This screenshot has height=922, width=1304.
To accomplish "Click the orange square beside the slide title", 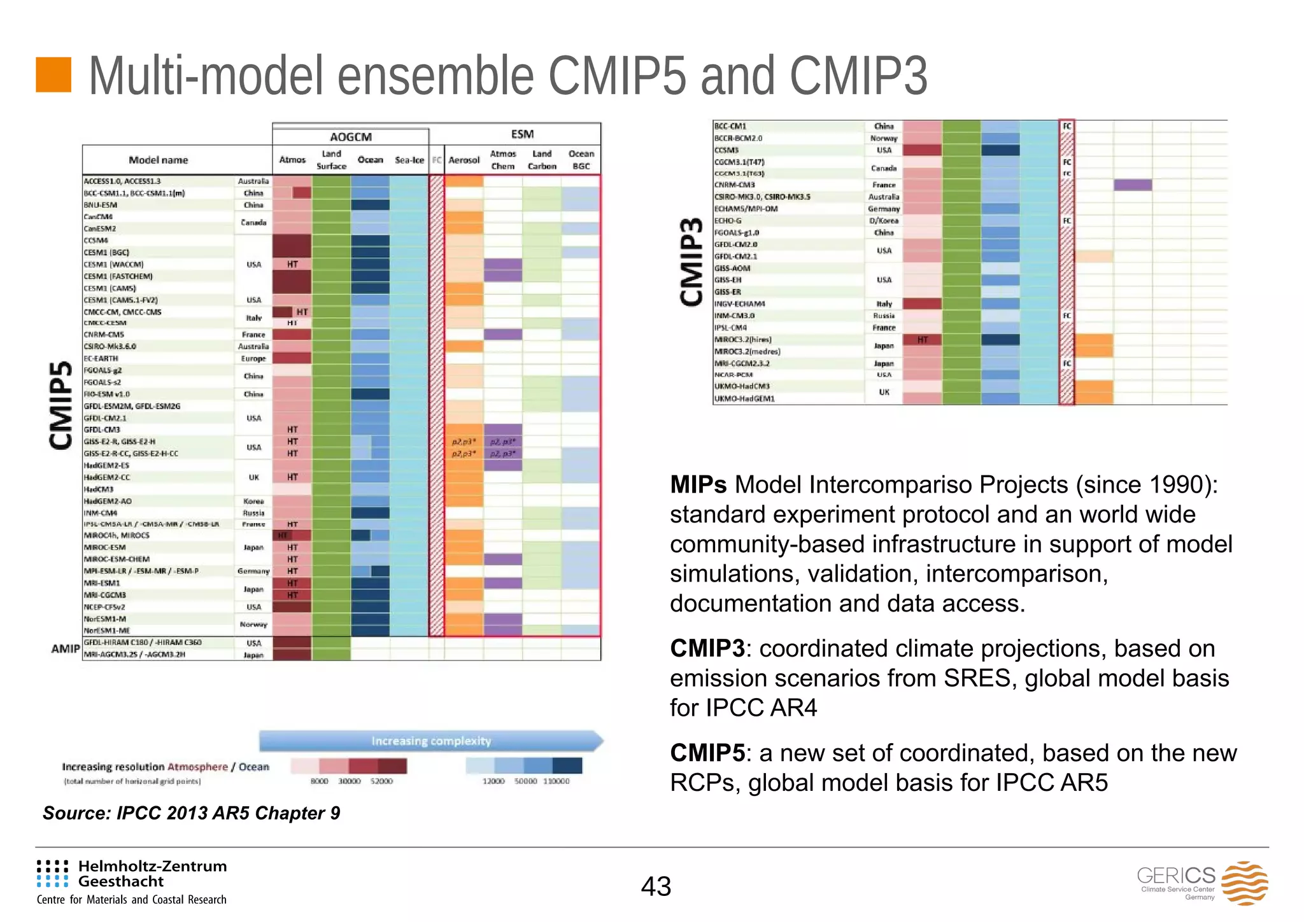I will click(x=53, y=75).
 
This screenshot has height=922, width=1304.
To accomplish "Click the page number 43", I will click(x=656, y=886).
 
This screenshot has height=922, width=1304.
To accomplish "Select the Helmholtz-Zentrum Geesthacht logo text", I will click(x=152, y=874).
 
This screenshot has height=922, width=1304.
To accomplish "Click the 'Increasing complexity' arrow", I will click(x=431, y=741).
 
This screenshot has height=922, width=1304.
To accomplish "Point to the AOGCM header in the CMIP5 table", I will click(x=350, y=137).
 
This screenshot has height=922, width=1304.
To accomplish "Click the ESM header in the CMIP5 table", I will click(x=522, y=134).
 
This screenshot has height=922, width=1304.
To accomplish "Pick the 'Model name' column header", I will click(x=159, y=160).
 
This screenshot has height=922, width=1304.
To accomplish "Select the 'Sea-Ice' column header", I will click(x=409, y=160).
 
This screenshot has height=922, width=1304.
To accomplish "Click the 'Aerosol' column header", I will click(x=464, y=160).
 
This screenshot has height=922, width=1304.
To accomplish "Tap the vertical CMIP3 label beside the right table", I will click(x=692, y=262).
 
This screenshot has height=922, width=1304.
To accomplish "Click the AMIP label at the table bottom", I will click(x=65, y=649).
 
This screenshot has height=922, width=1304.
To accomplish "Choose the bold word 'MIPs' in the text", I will click(x=698, y=485).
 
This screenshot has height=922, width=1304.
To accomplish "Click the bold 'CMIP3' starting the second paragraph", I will click(x=707, y=648).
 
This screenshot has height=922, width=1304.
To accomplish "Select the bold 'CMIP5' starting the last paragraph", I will click(x=707, y=753).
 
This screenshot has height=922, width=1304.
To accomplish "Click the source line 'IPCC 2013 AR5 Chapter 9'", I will click(x=191, y=813).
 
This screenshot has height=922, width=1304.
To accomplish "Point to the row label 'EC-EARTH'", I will click(x=101, y=358).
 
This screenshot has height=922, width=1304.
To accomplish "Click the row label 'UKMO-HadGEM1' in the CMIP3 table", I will click(x=744, y=399).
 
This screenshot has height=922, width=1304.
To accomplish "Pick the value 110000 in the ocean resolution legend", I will click(x=556, y=781).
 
